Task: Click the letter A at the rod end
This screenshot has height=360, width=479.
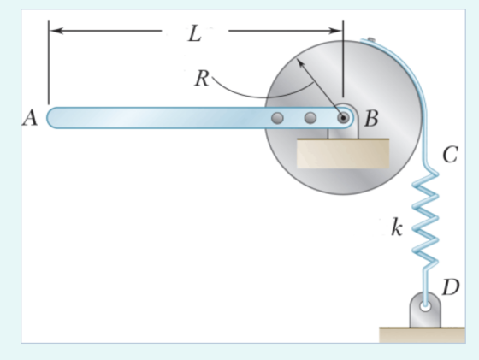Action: [x=30, y=118]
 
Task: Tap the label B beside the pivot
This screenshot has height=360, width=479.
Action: [x=371, y=118]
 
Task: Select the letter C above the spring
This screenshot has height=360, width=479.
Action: [x=450, y=155]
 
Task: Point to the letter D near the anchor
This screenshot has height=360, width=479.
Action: [x=451, y=287]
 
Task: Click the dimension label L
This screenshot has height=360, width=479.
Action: [x=195, y=33]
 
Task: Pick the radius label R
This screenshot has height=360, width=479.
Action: [x=202, y=78]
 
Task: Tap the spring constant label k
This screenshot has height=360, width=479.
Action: [x=397, y=227]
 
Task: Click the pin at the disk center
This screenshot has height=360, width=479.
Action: [x=343, y=117]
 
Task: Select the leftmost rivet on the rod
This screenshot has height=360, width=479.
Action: [x=277, y=118]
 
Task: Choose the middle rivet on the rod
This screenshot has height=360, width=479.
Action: [x=310, y=118]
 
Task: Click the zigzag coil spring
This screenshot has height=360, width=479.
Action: [x=426, y=219]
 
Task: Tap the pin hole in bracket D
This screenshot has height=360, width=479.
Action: [x=425, y=305]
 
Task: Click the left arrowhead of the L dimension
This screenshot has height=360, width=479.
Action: [x=56, y=31]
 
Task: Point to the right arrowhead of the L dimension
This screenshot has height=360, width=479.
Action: [x=335, y=31]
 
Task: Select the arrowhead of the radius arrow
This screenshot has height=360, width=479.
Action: [x=300, y=63]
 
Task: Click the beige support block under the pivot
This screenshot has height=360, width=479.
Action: [x=343, y=153]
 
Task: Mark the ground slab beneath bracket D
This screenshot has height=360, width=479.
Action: [x=423, y=335]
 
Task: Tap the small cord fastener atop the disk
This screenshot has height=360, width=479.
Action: [x=371, y=39]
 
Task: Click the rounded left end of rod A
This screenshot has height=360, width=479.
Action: [x=52, y=118]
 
